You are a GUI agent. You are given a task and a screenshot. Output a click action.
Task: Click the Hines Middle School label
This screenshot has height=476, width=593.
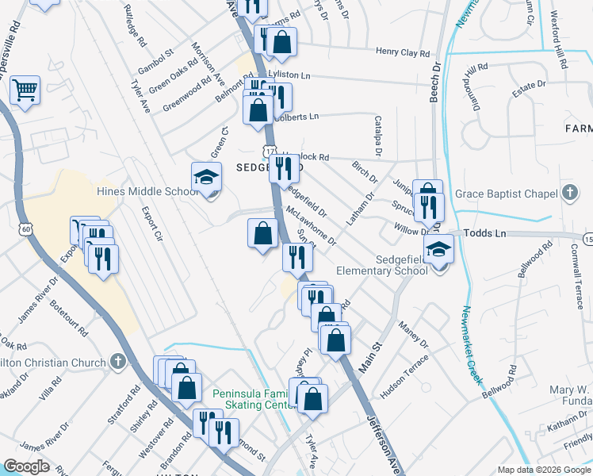147,191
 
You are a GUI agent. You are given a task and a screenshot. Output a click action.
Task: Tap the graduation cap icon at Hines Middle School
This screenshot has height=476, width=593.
205,177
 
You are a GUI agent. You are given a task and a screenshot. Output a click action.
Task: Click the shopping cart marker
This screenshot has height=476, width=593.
25,90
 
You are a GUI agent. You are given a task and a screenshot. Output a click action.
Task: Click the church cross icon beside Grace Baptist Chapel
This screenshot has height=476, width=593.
568,193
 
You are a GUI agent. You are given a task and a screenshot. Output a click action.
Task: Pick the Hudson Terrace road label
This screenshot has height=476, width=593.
404,377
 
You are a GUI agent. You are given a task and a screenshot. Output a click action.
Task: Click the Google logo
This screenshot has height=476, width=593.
26,466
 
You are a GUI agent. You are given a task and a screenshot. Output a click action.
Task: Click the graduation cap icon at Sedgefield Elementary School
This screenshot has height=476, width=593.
437,249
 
